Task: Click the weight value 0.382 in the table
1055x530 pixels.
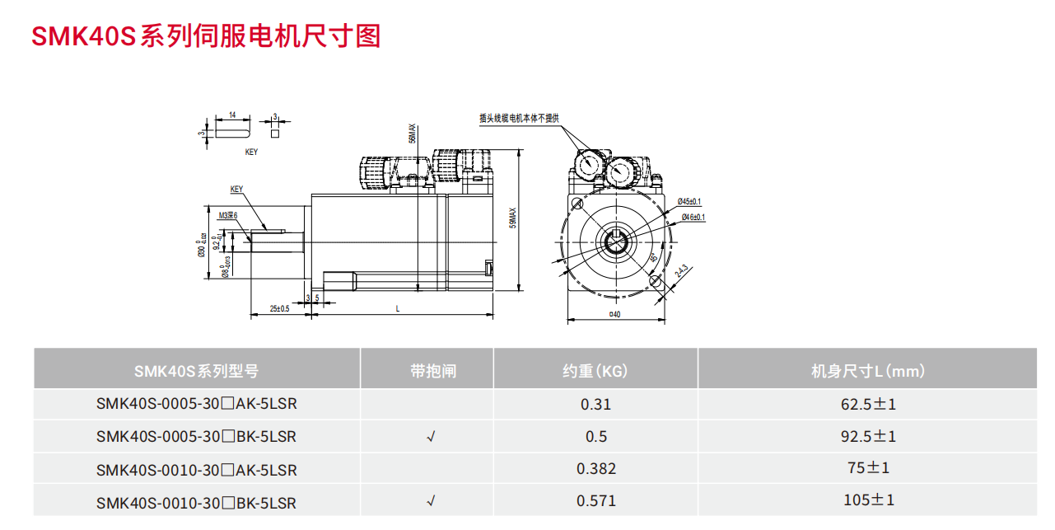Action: [x=595, y=468]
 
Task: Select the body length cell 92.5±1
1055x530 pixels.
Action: [x=868, y=436]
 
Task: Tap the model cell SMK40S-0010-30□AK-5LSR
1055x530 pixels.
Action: [x=196, y=470]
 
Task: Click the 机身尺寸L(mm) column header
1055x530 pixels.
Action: [x=868, y=371]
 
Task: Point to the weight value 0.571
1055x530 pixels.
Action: [x=595, y=500]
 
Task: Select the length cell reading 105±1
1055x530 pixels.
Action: [x=868, y=500]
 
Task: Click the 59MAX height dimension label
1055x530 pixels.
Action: [x=512, y=218]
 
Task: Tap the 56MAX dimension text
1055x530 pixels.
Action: [x=413, y=134]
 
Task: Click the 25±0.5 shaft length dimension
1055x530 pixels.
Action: [x=279, y=308]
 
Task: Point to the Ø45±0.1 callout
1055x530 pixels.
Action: [x=689, y=202]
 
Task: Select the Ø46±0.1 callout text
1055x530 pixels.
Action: [x=693, y=217]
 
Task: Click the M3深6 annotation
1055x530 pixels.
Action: [x=227, y=215]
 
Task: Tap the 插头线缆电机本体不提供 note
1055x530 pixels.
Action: [x=519, y=118]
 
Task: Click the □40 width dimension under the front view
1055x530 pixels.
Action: [x=614, y=314]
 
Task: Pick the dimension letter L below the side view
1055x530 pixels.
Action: [x=398, y=308]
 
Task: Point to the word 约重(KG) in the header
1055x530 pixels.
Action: [x=595, y=371]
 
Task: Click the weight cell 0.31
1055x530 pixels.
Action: [x=595, y=405]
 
